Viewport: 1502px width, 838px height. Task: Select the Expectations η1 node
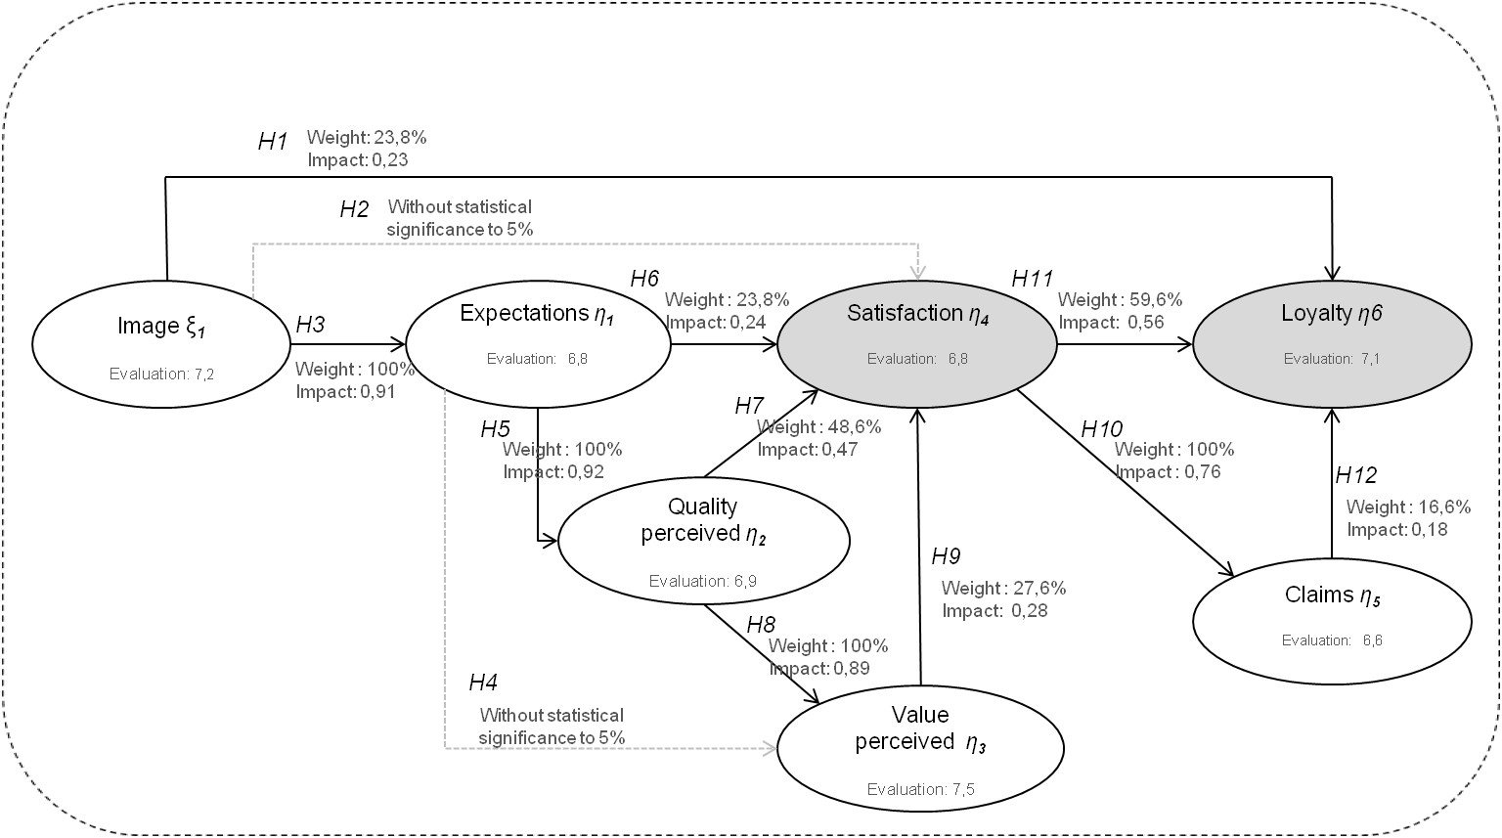coord(538,343)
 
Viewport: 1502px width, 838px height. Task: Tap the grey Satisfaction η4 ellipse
coord(917,343)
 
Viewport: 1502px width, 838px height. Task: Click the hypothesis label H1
coord(273,142)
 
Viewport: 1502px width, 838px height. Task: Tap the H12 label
coord(1355,475)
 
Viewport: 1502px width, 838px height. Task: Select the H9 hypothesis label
coord(946,557)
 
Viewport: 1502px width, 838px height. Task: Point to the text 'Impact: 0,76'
coord(1168,472)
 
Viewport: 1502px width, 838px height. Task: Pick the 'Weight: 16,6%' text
coord(1408,507)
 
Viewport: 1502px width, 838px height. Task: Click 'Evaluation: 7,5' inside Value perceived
coord(920,789)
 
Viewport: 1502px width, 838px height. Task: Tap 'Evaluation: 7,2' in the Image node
coord(162,374)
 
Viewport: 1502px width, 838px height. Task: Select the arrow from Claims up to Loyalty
coord(1331,484)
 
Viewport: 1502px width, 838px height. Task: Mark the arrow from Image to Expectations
coord(348,344)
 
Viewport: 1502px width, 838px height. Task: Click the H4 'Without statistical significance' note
coord(552,727)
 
